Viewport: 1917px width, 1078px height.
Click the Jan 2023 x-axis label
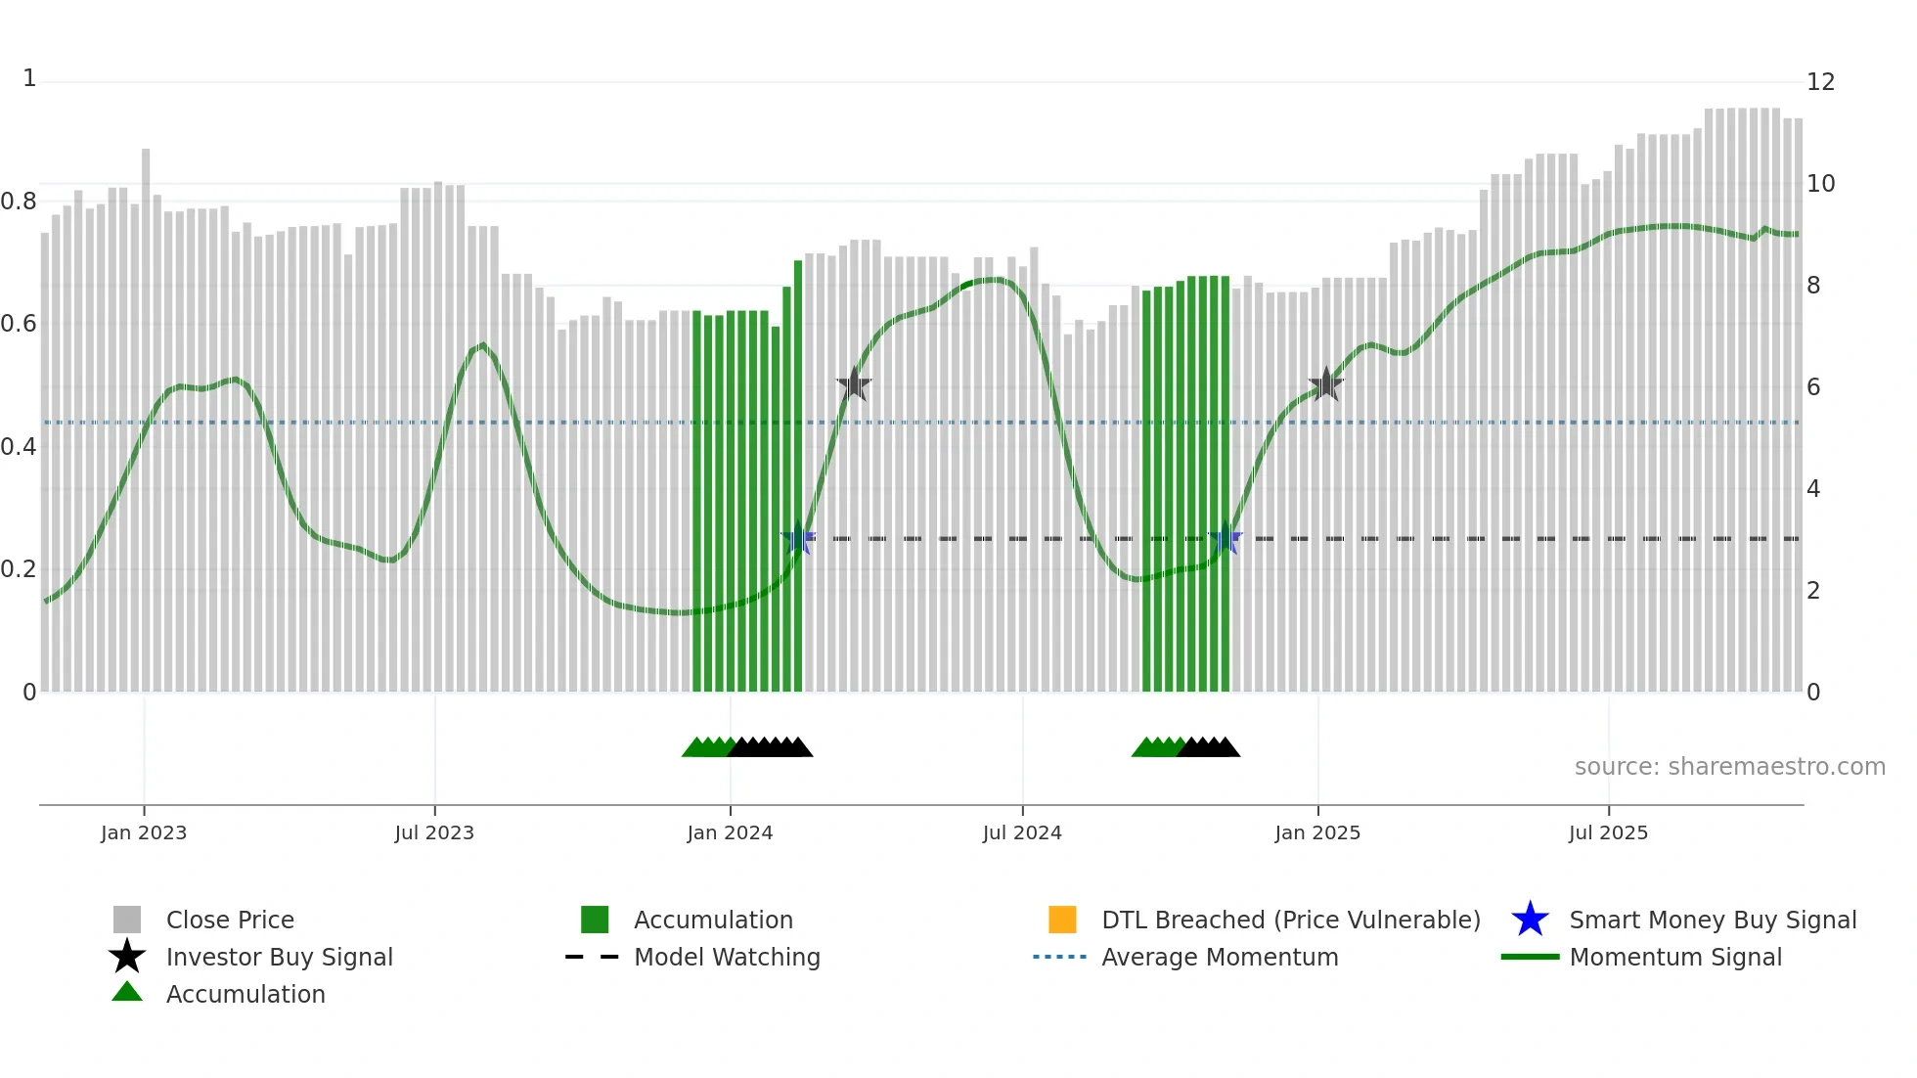click(143, 833)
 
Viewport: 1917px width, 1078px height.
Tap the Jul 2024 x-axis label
click(1022, 833)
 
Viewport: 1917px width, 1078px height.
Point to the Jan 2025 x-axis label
click(1317, 833)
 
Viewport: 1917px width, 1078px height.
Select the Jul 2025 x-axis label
click(1608, 833)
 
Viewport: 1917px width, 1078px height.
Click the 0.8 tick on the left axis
click(19, 202)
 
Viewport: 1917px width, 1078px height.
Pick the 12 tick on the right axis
click(1820, 82)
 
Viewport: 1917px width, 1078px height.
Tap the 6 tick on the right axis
click(1813, 387)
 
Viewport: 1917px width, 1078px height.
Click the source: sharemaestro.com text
click(1729, 767)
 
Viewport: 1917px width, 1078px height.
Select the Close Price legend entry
click(230, 921)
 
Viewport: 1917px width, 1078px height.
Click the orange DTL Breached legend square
click(1062, 920)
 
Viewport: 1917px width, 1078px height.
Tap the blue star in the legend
click(1530, 920)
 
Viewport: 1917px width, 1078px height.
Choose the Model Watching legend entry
click(727, 958)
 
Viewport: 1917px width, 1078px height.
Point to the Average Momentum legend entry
click(1220, 958)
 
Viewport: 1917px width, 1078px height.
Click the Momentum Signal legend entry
click(1675, 958)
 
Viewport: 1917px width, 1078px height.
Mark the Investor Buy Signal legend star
click(127, 957)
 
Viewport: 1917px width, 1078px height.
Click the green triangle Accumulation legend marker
click(127, 992)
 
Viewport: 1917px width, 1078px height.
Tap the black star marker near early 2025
click(1325, 384)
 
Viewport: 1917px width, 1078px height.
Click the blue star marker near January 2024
click(798, 538)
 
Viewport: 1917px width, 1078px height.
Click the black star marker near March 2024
click(854, 384)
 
